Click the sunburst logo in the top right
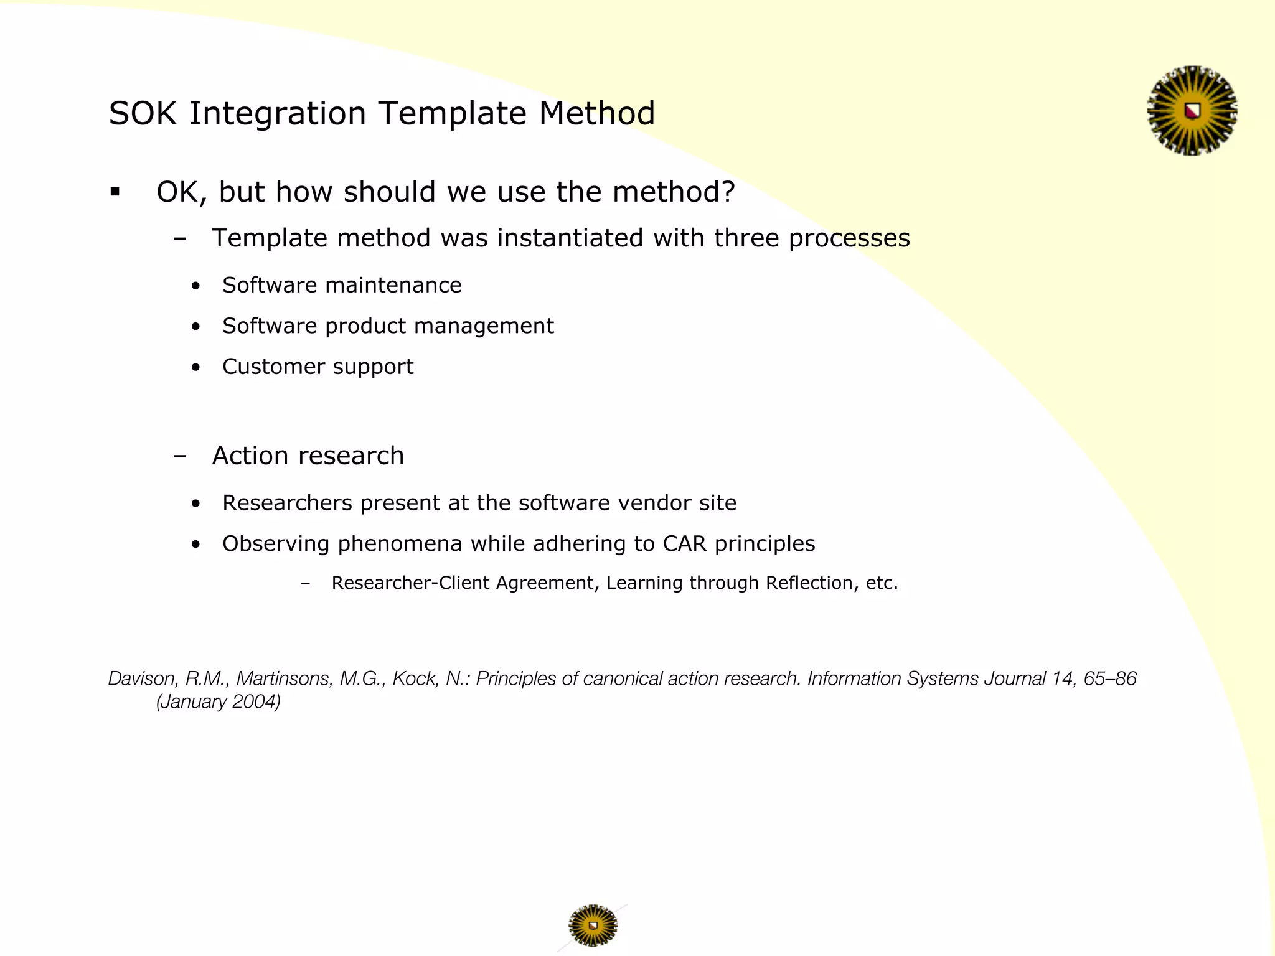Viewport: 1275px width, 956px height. click(x=1192, y=111)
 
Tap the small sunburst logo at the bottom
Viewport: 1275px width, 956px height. click(x=593, y=926)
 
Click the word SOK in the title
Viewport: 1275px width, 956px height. click(x=144, y=114)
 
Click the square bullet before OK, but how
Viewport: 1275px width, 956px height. click(x=115, y=192)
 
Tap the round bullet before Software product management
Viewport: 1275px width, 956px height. click(x=196, y=326)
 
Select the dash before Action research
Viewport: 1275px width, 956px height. click(x=180, y=456)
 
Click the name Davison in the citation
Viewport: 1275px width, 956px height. click(x=141, y=678)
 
